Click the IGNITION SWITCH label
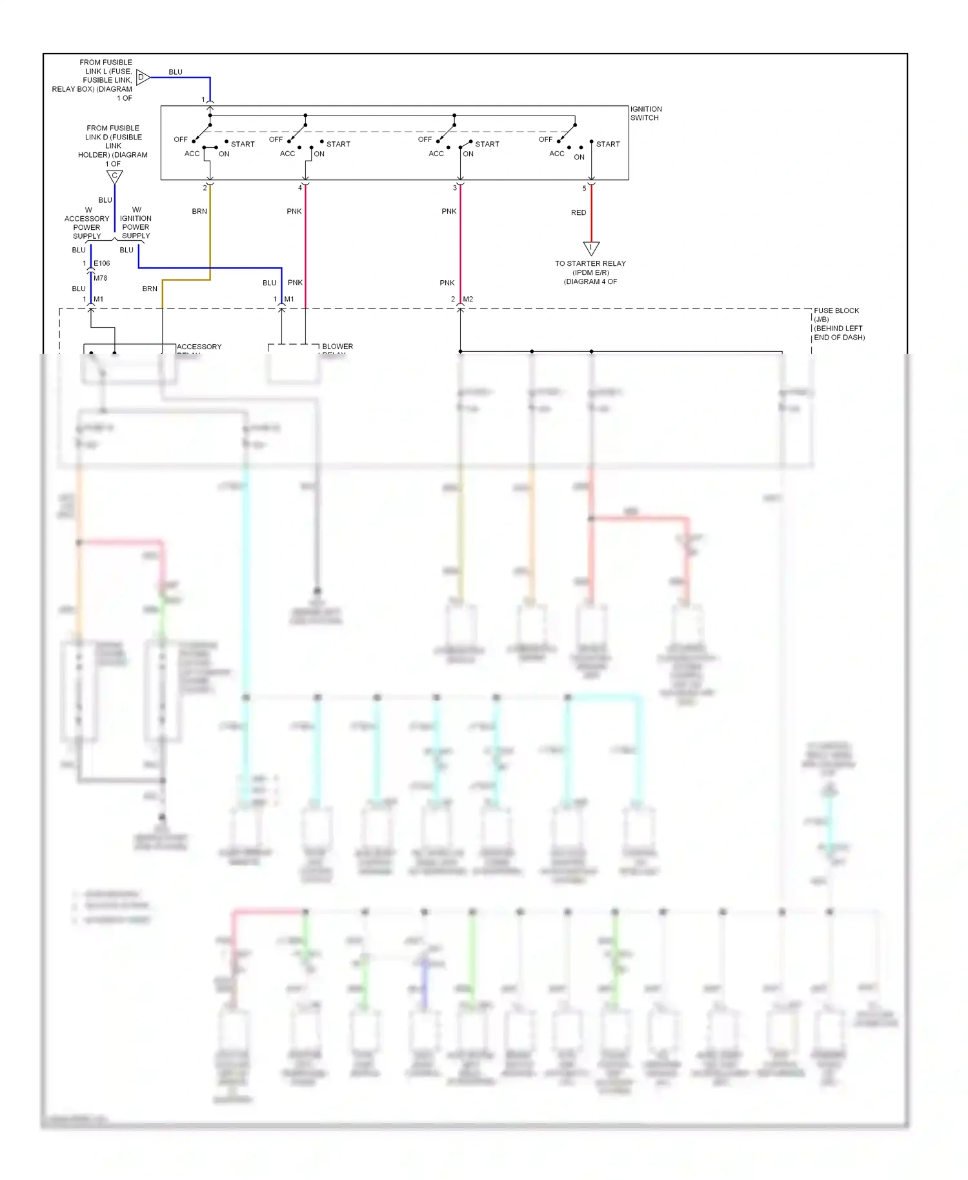[x=645, y=114]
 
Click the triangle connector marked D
[x=143, y=77]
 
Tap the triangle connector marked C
[x=114, y=176]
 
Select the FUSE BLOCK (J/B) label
[x=838, y=323]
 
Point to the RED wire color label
[x=578, y=212]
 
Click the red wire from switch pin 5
[x=591, y=223]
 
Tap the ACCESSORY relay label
[x=199, y=347]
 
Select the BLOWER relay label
[x=338, y=347]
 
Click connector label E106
[x=102, y=263]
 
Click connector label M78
[x=101, y=278]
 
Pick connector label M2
[x=468, y=299]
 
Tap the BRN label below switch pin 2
[x=199, y=211]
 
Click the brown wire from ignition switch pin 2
[x=210, y=232]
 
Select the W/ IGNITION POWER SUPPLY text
[x=136, y=223]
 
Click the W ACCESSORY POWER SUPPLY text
[x=86, y=223]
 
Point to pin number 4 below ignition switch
[x=299, y=188]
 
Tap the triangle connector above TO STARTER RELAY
[x=591, y=248]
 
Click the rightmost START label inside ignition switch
[x=608, y=144]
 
